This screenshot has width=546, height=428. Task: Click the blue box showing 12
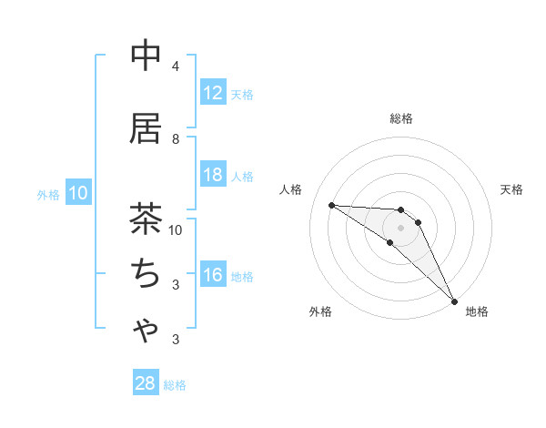point(212,92)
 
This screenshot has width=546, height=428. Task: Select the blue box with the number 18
point(212,175)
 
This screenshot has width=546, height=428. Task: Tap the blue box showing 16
point(212,275)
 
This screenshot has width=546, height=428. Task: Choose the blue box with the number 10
point(77,193)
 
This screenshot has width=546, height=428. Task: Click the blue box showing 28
point(146,383)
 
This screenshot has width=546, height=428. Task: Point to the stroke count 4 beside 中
point(176,66)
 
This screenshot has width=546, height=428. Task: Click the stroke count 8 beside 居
point(176,138)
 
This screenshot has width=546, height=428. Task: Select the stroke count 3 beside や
point(176,340)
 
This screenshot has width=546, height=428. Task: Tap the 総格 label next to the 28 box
point(175,385)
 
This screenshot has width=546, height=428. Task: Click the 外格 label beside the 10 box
point(47,194)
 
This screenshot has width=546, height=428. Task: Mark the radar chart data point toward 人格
point(331,205)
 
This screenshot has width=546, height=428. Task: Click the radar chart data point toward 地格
point(454,301)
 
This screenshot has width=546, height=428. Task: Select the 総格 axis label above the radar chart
point(401,118)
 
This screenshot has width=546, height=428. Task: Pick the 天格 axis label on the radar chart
point(512,189)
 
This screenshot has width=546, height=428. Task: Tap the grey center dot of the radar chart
point(400,227)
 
